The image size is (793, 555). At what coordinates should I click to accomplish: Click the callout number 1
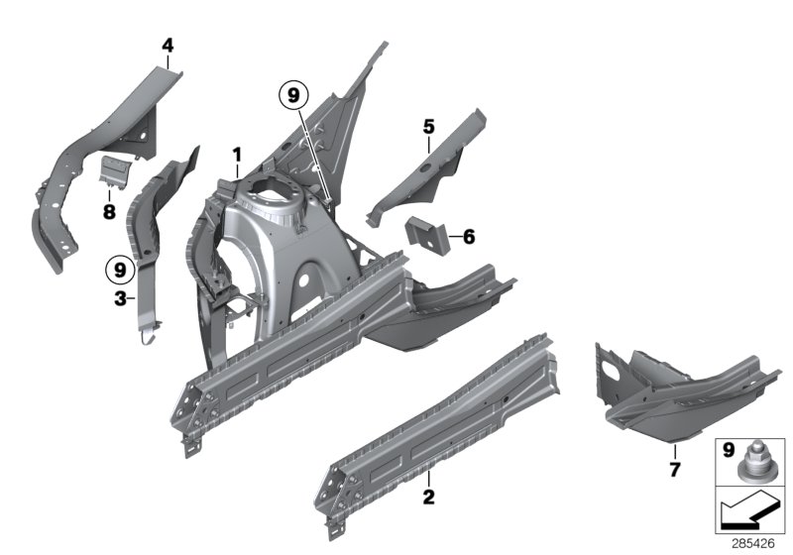[237, 155]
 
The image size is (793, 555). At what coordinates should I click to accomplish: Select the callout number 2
[428, 496]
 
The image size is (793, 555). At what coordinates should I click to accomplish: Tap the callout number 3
[119, 297]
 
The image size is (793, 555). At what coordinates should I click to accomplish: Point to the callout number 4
[168, 45]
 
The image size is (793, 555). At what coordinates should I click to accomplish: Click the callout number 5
[428, 127]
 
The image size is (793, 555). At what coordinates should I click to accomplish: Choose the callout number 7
[674, 469]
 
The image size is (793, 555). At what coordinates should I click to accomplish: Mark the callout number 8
[108, 211]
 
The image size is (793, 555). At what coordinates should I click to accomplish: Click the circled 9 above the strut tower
[293, 95]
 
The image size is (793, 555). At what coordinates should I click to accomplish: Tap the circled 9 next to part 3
[120, 269]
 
